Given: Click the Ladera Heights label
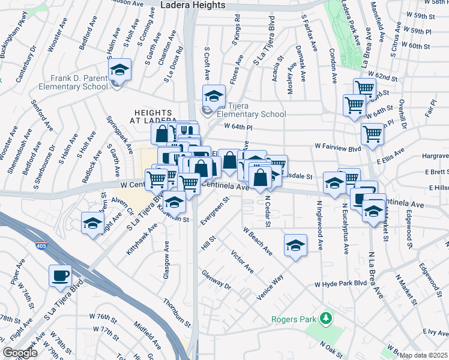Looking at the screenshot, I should pyautogui.click(x=193, y=5).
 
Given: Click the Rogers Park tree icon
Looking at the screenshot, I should pyautogui.click(x=326, y=316).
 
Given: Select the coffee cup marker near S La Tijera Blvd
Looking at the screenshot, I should pyautogui.click(x=60, y=276).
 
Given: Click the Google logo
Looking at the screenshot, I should pyautogui.click(x=20, y=353).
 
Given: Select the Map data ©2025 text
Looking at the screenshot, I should pyautogui.click(x=424, y=355).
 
